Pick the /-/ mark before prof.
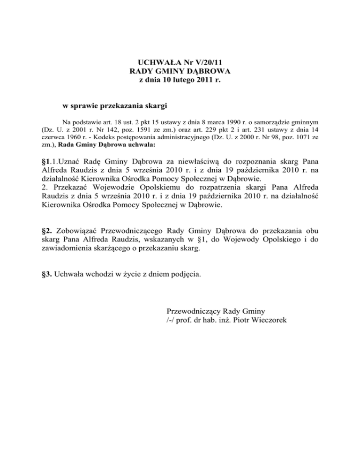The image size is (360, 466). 171,320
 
